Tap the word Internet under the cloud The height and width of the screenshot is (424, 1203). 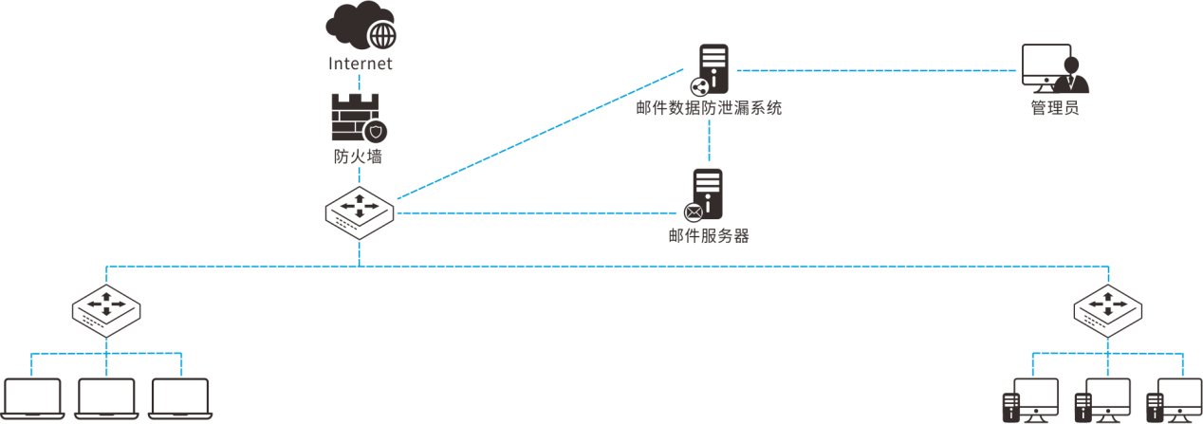pos(360,65)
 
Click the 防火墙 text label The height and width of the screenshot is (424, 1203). pos(359,157)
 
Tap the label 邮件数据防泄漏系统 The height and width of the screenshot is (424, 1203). pos(711,109)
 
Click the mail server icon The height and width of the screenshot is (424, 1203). pos(706,194)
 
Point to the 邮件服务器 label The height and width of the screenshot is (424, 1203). pos(709,235)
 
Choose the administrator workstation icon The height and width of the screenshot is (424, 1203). pos(1054,68)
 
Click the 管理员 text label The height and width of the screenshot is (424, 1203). pos(1054,108)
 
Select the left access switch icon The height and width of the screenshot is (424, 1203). pos(106,309)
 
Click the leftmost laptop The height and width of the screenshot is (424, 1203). pos(33,398)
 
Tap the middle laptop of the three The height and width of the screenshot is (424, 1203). pos(107,398)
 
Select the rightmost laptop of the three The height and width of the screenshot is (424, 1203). pos(180,398)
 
